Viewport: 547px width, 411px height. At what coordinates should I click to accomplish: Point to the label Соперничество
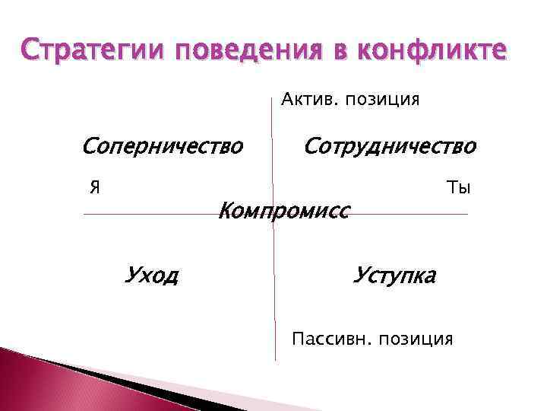click(163, 145)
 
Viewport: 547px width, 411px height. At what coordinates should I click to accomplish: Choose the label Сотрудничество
click(390, 145)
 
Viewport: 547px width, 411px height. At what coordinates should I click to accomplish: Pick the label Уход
click(151, 273)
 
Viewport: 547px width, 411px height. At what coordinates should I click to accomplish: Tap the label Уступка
click(394, 274)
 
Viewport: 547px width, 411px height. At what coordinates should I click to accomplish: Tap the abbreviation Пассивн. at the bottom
click(329, 339)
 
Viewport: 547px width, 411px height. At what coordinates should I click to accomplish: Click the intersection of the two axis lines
click(273, 214)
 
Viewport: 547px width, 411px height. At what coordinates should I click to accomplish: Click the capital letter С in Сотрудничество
click(311, 145)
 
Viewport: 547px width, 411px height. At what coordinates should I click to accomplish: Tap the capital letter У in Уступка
click(360, 274)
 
